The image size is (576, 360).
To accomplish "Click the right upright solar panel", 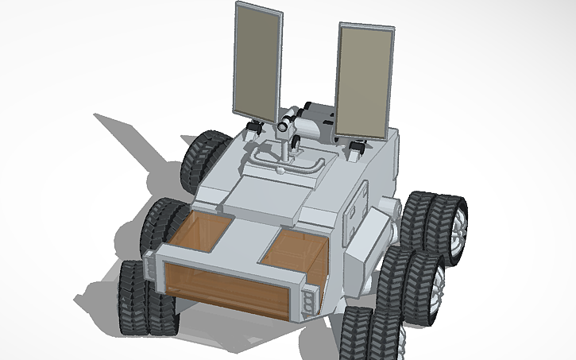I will coord(364,78).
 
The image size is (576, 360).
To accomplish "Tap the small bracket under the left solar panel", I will coord(256,128).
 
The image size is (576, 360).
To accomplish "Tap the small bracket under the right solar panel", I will coord(355,146).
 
